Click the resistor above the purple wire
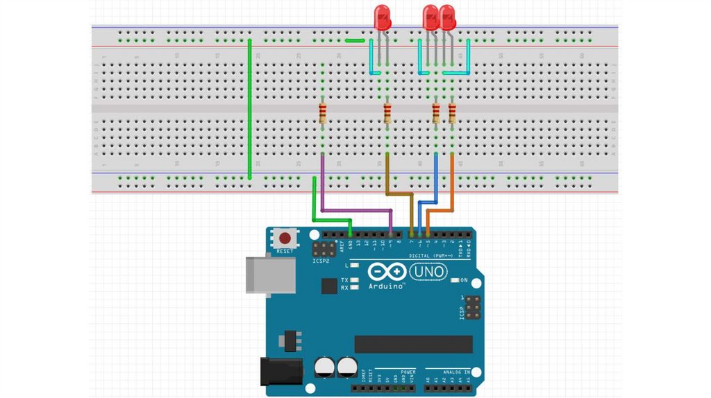tap(323, 112)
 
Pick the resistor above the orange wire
tap(453, 113)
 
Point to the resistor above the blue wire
tap(436, 113)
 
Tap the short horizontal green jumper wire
tap(355, 40)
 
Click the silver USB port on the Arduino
tap(270, 275)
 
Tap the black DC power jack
tap(281, 372)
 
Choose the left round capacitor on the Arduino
tap(324, 367)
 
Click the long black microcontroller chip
tap(413, 344)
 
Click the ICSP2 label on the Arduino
tap(321, 262)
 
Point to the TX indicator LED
tap(354, 280)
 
